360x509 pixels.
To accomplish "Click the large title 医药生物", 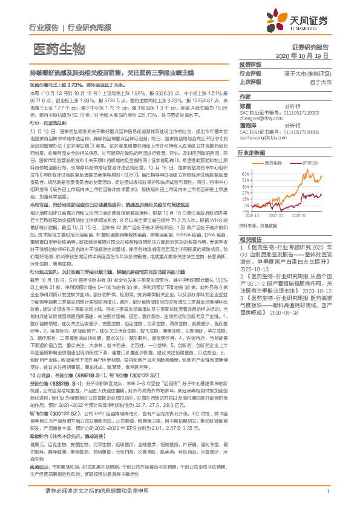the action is pos(58,49).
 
